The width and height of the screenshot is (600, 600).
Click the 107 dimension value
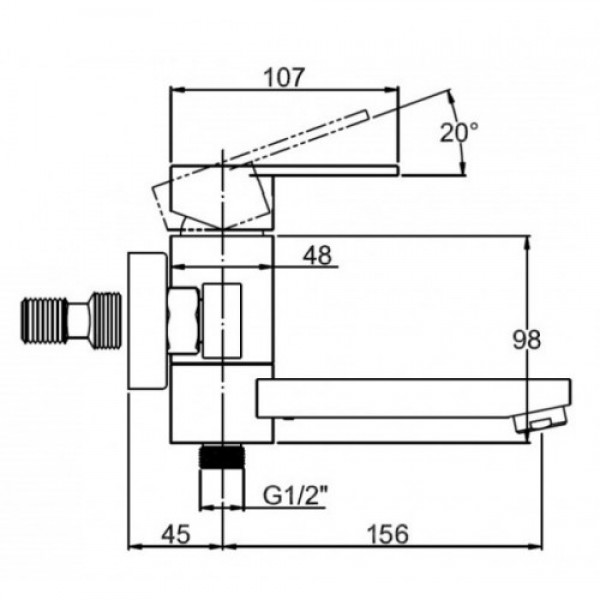pos(284,77)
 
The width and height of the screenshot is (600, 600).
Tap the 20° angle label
pos(459,132)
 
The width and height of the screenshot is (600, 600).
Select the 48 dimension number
pos(317,255)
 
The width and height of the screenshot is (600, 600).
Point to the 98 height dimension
pos(527,339)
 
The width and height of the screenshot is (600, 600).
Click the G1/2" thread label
pos(295,496)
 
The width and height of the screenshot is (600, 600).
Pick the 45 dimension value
pos(176,534)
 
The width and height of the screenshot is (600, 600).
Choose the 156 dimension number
pos(388,534)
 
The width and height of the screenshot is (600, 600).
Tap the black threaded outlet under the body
pos(222,456)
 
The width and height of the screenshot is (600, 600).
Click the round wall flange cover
pos(147,321)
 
